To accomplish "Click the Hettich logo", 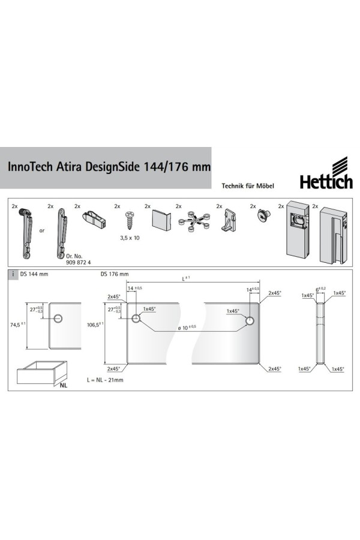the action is [x=326, y=173].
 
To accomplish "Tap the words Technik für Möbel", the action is [x=248, y=186].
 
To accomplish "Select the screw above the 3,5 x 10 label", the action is [x=130, y=220].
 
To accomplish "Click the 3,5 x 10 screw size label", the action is [x=130, y=238].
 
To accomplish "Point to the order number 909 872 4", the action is [x=78, y=262].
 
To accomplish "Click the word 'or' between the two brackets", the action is [x=42, y=230].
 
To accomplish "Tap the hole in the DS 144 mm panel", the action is [x=58, y=319].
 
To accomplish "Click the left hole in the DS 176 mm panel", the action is [x=136, y=319].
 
